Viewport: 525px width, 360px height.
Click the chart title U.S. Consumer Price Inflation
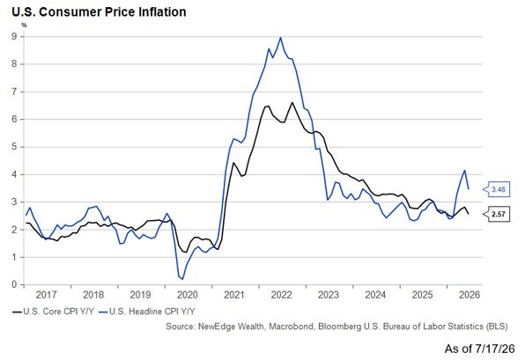(100, 12)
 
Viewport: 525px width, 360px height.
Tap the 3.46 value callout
(497, 189)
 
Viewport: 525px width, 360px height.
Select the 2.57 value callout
(497, 214)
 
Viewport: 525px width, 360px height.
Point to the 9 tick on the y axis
(14, 36)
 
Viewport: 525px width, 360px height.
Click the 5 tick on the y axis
(14, 147)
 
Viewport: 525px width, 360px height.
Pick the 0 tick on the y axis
(14, 284)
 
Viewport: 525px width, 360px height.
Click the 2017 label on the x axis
(46, 295)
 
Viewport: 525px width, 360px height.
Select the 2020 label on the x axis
(188, 295)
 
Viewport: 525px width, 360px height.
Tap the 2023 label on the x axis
(329, 295)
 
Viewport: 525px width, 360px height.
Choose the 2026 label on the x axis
(470, 295)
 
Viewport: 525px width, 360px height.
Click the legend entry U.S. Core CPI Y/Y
(54, 312)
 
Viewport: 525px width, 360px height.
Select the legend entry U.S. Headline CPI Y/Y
(147, 312)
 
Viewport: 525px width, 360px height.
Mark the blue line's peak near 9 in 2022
(281, 37)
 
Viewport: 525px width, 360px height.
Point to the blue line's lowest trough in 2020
(182, 279)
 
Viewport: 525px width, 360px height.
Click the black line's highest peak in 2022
(292, 102)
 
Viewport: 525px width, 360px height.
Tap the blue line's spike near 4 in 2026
(464, 170)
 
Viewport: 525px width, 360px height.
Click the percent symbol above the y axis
(24, 26)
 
